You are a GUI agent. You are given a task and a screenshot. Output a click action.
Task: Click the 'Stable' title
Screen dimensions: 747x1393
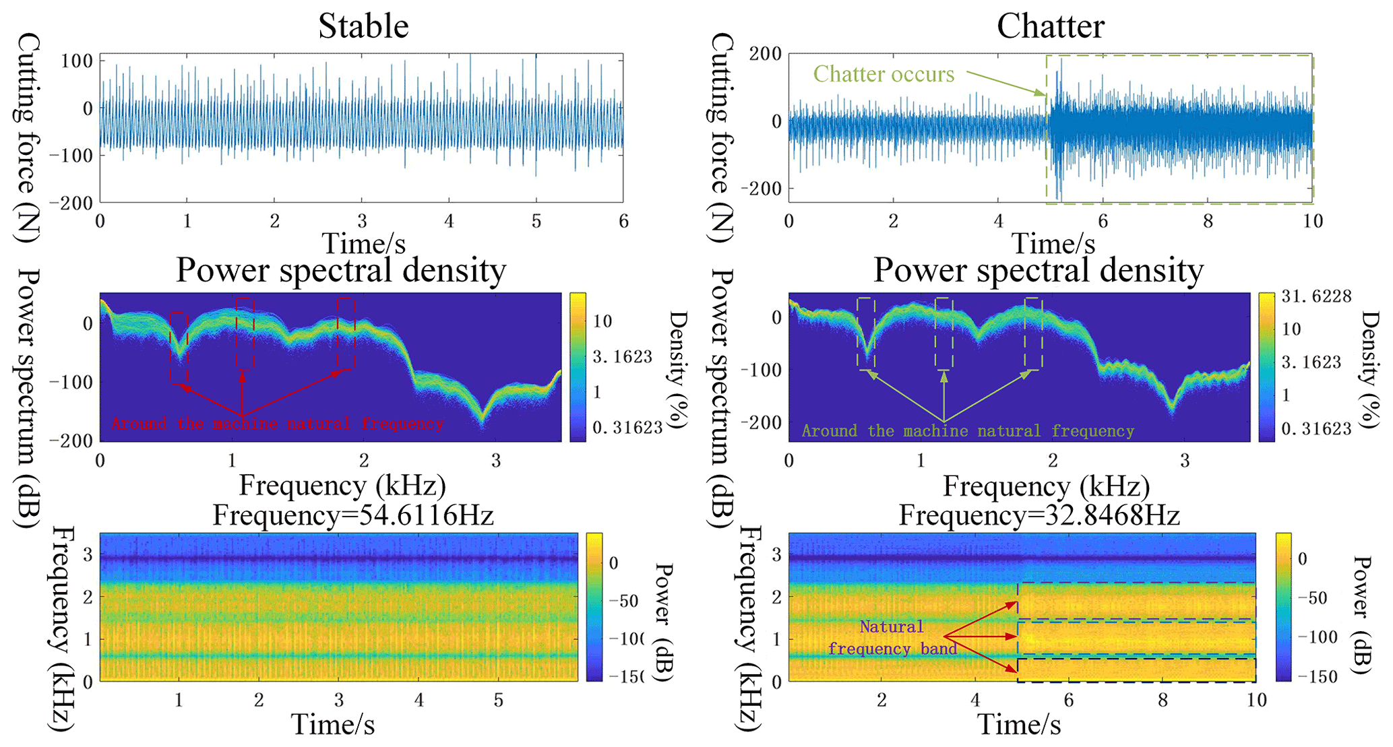coord(363,27)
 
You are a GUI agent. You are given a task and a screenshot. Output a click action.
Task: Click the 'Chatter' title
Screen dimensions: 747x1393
coord(1050,27)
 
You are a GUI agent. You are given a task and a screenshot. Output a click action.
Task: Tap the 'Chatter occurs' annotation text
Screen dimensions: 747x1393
coord(884,74)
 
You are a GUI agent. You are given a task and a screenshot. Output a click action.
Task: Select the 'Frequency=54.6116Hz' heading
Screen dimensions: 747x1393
coord(353,515)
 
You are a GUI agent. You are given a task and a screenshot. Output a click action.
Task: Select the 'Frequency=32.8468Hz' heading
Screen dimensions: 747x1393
coord(1039,515)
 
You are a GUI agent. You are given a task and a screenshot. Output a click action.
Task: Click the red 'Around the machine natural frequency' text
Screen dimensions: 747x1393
coord(277,424)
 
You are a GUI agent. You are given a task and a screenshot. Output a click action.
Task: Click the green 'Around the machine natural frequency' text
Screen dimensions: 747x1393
coord(968,431)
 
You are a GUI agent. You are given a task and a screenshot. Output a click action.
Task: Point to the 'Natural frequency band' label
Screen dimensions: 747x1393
coord(892,637)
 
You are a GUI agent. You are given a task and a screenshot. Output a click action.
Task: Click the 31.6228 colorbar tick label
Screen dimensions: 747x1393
coord(1316,296)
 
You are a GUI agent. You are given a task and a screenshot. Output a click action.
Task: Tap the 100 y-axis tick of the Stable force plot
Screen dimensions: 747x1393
coord(76,61)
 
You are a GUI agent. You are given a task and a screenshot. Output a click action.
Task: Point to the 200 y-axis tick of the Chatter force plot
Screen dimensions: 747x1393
coord(765,54)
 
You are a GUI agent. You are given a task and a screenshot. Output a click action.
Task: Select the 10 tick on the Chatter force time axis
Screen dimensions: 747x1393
coord(1312,221)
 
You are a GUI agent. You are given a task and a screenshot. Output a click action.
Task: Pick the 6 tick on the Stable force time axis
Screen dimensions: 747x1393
coord(623,221)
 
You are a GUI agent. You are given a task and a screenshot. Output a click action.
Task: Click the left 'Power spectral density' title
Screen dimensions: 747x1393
coord(341,270)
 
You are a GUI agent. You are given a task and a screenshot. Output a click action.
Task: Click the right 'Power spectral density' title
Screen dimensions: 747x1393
coord(1039,270)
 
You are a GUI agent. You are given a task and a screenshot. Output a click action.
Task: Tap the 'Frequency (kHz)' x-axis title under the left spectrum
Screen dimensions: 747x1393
coord(342,486)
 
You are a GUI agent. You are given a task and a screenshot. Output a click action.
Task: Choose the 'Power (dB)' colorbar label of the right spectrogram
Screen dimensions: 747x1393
coord(1362,614)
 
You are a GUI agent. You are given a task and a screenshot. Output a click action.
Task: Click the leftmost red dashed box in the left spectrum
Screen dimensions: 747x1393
coord(179,348)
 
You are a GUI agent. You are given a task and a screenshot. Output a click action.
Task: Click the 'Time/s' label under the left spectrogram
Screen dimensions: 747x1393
coord(333,725)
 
